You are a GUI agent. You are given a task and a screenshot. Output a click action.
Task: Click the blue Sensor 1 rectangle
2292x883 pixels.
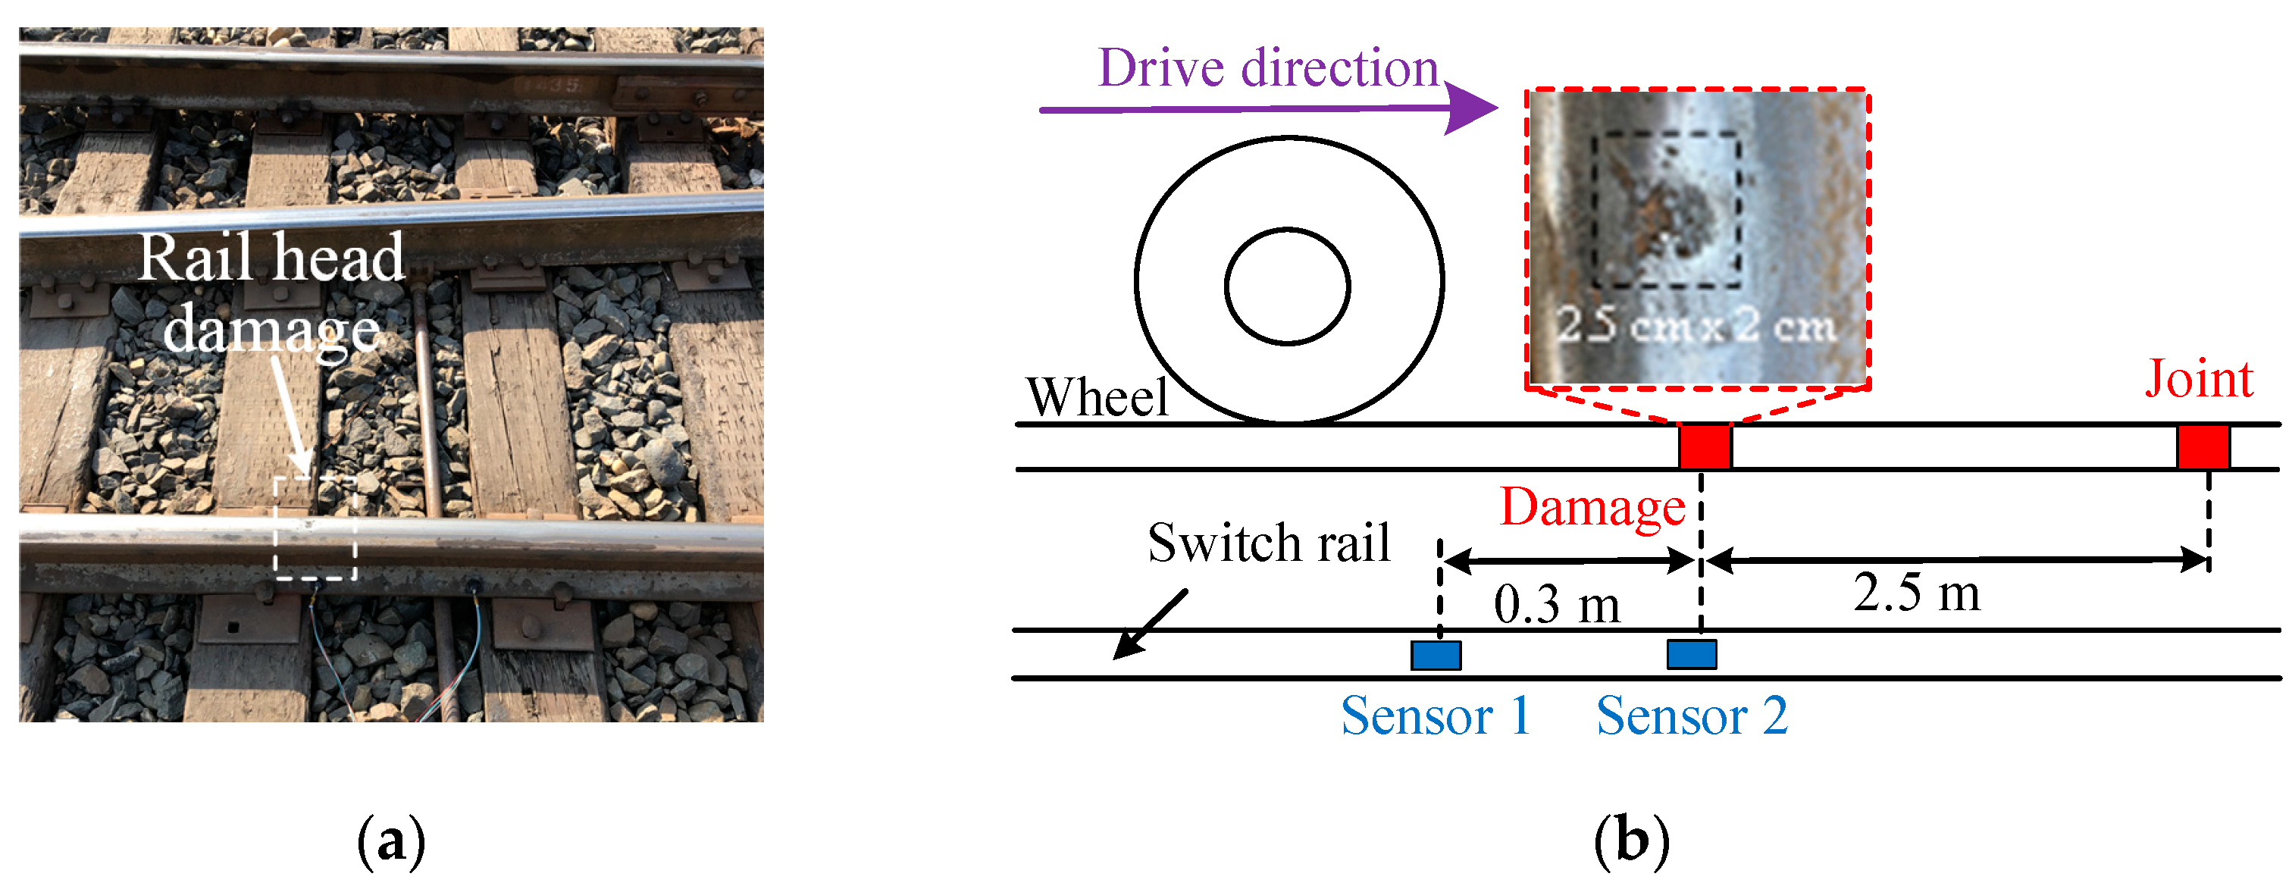click(x=1436, y=655)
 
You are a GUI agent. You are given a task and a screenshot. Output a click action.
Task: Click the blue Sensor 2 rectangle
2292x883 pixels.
click(x=1690, y=654)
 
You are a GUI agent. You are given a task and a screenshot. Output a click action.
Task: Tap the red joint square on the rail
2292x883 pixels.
click(x=2203, y=447)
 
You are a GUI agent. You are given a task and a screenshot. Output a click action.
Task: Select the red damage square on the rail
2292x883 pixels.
click(x=1705, y=447)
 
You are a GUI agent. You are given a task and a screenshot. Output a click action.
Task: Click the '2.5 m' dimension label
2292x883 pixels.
click(x=1917, y=592)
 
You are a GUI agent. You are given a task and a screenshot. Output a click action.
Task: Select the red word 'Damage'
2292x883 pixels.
click(x=1592, y=507)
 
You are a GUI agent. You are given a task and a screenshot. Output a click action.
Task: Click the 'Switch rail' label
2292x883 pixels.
click(x=1268, y=542)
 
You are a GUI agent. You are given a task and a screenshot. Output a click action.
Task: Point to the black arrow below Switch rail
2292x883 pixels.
click(x=1149, y=625)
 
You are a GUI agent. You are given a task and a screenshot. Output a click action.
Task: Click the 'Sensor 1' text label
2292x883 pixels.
click(x=1436, y=715)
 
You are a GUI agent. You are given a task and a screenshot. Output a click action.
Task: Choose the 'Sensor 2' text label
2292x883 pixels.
click(x=1690, y=715)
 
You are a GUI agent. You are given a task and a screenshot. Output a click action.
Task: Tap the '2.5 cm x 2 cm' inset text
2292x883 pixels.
click(x=1696, y=326)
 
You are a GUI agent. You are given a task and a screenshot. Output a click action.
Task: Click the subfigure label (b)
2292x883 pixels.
click(x=1631, y=839)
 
